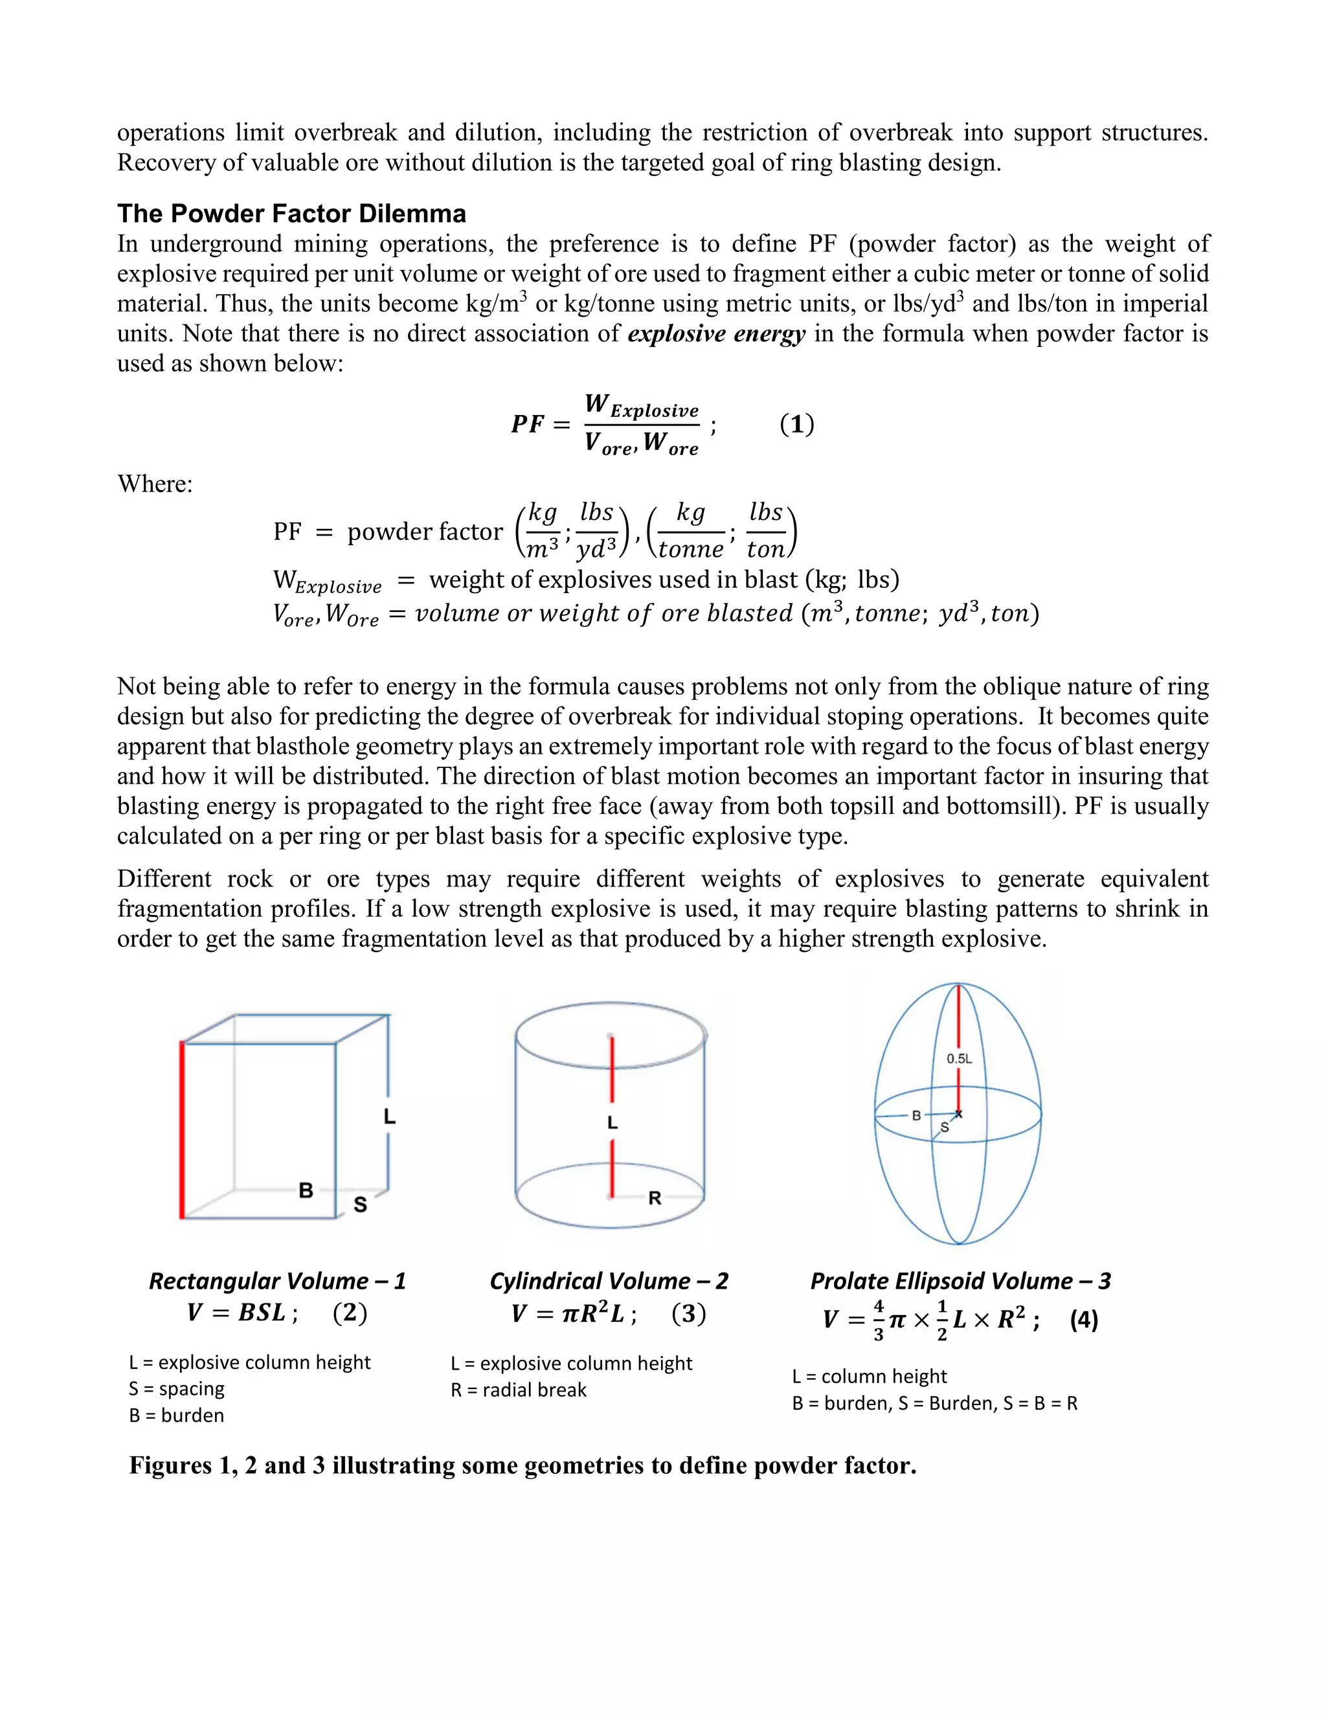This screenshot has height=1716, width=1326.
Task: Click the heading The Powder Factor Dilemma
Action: click(x=291, y=214)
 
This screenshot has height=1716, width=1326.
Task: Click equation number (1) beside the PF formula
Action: click(x=796, y=424)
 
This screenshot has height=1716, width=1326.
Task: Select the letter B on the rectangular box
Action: click(x=306, y=1190)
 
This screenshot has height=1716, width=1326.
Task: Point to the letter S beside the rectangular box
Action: click(x=360, y=1204)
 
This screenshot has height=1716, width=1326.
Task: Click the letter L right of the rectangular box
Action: click(x=390, y=1116)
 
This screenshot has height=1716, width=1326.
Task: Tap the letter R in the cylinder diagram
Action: click(x=655, y=1198)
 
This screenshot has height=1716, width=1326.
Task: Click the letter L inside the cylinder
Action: click(x=612, y=1123)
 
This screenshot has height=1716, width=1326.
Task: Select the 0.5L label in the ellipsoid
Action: click(x=959, y=1058)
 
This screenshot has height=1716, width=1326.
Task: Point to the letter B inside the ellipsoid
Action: click(x=916, y=1115)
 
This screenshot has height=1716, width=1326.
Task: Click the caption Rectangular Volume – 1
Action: click(x=277, y=1281)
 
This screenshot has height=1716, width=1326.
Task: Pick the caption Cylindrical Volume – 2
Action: click(x=609, y=1281)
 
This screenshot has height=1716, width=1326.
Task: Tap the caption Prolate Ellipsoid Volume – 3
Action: click(x=960, y=1281)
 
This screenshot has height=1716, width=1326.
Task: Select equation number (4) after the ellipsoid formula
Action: click(x=1083, y=1319)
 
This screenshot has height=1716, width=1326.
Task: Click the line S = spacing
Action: click(x=177, y=1388)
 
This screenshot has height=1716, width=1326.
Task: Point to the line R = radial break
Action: click(x=519, y=1390)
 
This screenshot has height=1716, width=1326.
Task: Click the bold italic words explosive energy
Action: click(x=717, y=334)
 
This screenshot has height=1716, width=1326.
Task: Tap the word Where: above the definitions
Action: click(x=155, y=484)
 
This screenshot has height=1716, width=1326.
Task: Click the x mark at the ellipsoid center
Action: click(x=958, y=1113)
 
